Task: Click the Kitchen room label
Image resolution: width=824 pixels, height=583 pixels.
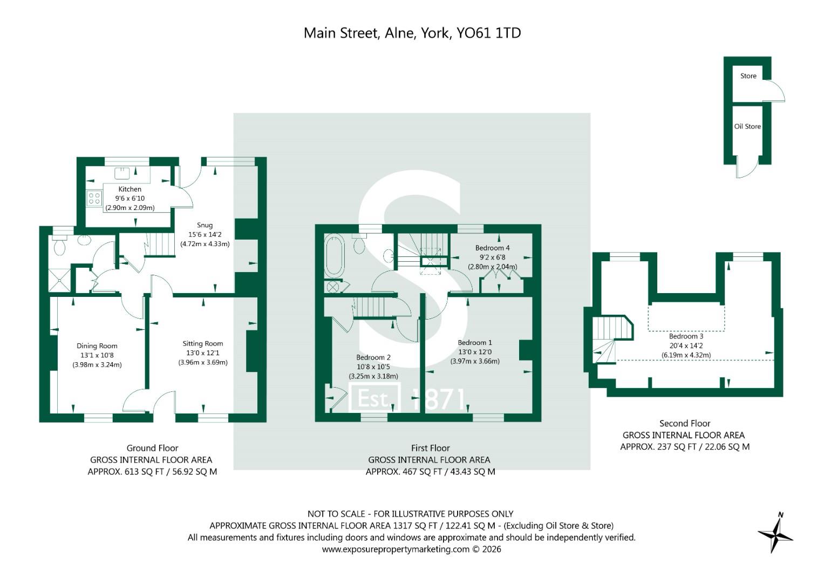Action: click(130, 189)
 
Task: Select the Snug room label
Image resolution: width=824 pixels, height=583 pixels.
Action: click(205, 225)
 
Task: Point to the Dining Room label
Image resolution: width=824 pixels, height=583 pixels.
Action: click(97, 346)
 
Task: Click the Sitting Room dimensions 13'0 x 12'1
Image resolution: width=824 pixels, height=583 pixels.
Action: click(203, 353)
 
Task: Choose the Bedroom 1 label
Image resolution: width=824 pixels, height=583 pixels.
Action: click(475, 343)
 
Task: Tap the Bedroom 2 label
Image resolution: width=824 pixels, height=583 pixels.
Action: click(373, 357)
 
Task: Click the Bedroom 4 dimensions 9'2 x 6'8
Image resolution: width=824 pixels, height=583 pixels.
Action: click(493, 257)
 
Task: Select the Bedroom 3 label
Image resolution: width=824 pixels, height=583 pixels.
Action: click(686, 336)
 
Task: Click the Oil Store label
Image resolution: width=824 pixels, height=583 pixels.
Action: click(747, 126)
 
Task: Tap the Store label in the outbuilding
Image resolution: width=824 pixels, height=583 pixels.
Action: click(748, 76)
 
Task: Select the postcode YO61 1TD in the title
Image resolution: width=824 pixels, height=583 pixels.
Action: click(488, 33)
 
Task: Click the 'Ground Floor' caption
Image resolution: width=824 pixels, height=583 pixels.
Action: click(152, 448)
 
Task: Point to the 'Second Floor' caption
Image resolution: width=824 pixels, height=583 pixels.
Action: click(685, 423)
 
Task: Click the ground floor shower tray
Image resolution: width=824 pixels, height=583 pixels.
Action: click(59, 281)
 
